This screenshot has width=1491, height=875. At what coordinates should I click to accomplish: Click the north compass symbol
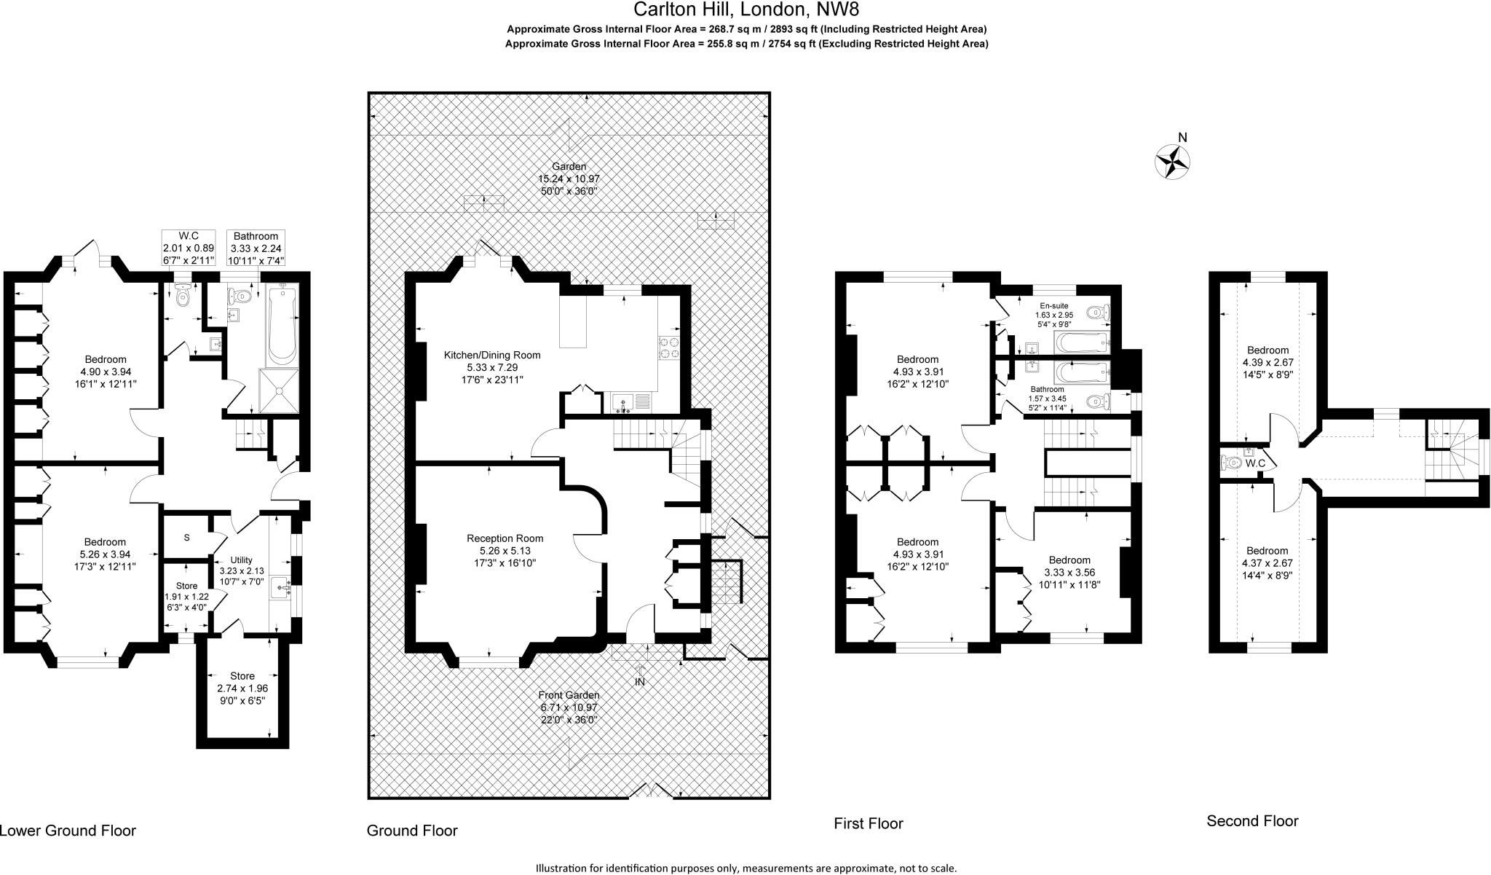pyautogui.click(x=1173, y=161)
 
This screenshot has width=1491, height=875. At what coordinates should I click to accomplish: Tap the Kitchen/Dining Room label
pyautogui.click(x=492, y=356)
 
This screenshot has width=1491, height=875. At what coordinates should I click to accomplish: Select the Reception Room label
pyautogui.click(x=505, y=538)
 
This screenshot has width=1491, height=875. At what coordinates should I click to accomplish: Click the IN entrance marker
pyautogui.click(x=640, y=682)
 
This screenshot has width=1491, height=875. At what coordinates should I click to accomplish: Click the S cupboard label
pyautogui.click(x=187, y=538)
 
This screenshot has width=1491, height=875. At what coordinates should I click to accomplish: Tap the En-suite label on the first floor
pyautogui.click(x=1054, y=306)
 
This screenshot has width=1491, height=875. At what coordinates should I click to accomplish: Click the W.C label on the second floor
pyautogui.click(x=1255, y=463)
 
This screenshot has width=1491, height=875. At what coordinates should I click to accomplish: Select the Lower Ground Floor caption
pyautogui.click(x=68, y=831)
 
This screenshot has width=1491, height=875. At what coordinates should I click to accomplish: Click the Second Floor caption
pyautogui.click(x=1252, y=821)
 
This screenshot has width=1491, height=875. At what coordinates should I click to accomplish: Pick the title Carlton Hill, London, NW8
pyautogui.click(x=746, y=9)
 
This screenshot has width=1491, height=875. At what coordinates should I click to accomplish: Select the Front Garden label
pyautogui.click(x=569, y=695)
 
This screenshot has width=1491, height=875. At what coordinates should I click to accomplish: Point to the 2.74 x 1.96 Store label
pyautogui.click(x=242, y=688)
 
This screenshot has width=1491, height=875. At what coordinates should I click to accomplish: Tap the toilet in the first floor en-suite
pyautogui.click(x=1098, y=313)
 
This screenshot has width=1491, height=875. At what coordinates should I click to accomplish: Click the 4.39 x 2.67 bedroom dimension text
pyautogui.click(x=1267, y=362)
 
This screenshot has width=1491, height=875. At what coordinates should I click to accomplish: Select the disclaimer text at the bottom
pyautogui.click(x=746, y=868)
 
